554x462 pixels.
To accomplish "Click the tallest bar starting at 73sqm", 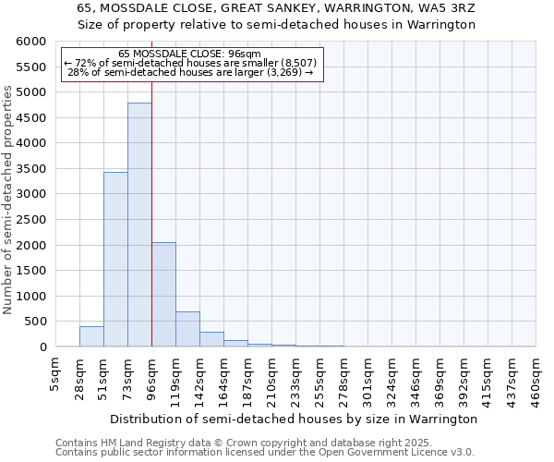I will point(139,225).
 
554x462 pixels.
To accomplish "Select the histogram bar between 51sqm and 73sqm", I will point(115,259).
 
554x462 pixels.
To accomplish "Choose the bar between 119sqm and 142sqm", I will point(187,329).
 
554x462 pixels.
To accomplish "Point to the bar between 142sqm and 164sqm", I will point(211,339).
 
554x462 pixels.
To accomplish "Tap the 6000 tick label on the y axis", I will point(30,42).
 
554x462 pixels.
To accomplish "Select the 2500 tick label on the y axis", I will point(30,220).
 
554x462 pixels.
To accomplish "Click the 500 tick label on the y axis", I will point(34,322).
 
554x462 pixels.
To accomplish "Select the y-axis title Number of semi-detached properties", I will point(8,200).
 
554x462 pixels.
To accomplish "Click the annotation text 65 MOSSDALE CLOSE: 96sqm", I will point(190,54).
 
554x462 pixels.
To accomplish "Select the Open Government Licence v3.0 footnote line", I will point(265,452).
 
